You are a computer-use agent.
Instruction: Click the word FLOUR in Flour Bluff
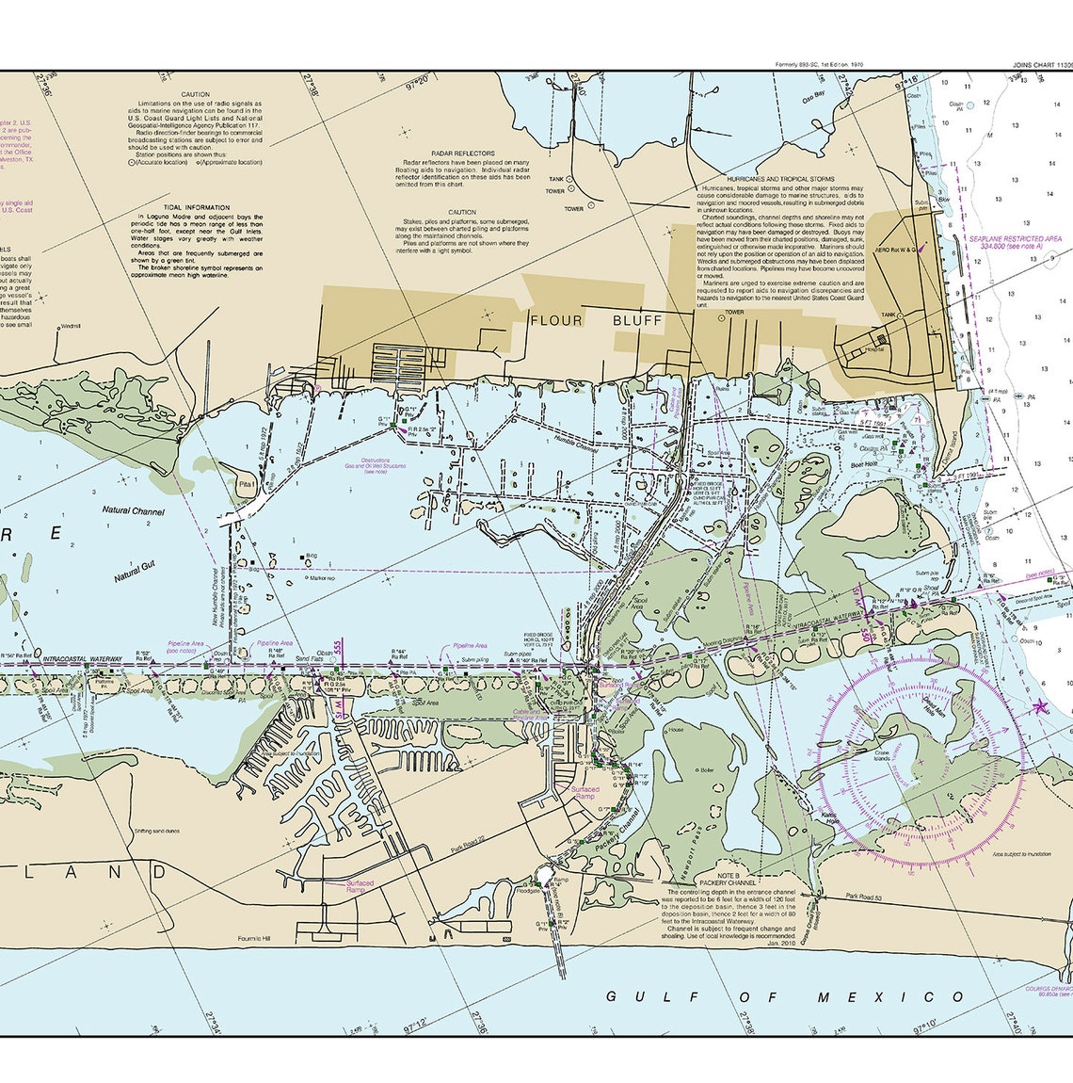[556, 320]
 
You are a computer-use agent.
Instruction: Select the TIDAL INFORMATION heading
[196, 207]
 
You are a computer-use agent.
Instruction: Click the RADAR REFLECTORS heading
[462, 153]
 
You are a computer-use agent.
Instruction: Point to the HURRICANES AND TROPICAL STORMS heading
[780, 178]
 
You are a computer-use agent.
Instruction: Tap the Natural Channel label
[134, 512]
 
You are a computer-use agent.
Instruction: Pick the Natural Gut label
[133, 571]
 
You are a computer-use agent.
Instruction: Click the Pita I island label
[247, 483]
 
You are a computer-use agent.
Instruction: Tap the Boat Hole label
[863, 464]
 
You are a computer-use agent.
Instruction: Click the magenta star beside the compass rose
[1040, 706]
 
